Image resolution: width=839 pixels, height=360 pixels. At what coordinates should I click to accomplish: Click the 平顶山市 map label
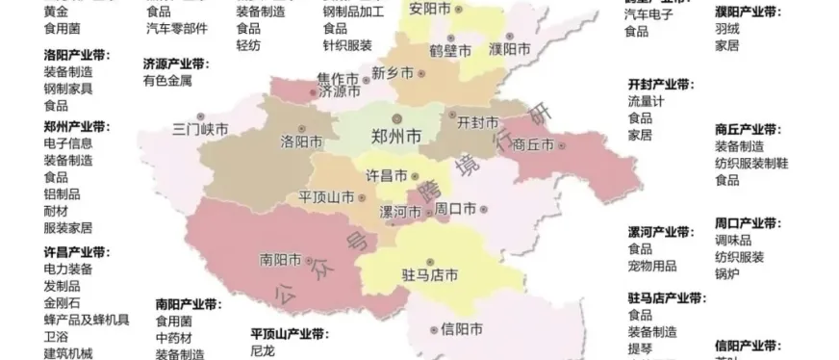pos(326,196)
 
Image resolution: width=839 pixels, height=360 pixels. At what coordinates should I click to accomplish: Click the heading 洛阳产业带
pos(77,56)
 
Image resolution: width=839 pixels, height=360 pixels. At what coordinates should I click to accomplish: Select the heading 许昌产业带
pos(77,252)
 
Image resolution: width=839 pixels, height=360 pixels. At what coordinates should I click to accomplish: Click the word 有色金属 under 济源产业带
pos(167,81)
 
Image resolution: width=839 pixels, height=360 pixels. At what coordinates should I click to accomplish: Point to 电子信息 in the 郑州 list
pos(68,143)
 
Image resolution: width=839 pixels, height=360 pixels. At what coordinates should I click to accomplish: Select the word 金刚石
pos(63,303)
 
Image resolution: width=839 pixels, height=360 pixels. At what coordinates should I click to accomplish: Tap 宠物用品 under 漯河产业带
pos(652,265)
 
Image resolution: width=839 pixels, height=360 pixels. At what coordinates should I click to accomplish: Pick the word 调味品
pos(733,240)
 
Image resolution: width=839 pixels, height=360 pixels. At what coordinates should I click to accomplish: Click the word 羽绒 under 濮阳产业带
pos(727,28)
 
